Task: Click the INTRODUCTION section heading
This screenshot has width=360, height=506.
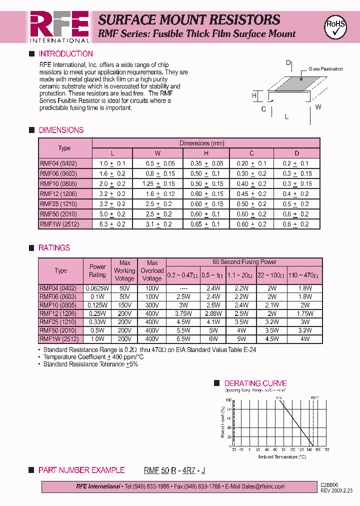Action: click(x=65, y=54)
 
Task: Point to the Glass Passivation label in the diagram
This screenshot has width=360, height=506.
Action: click(x=325, y=69)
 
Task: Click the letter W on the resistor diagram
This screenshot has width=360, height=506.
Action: click(x=318, y=107)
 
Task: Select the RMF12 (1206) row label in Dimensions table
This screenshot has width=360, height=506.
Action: click(x=59, y=194)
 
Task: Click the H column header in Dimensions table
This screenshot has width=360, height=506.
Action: click(x=206, y=153)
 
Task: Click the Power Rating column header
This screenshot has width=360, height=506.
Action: click(x=97, y=270)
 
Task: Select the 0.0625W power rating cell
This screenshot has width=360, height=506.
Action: click(x=97, y=288)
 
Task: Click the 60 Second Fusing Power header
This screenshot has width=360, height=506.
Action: click(x=244, y=262)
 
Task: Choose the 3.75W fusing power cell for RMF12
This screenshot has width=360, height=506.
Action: click(x=183, y=313)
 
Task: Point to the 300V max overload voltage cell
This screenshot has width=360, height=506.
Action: click(x=152, y=305)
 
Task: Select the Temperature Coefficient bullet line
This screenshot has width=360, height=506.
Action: click(x=93, y=357)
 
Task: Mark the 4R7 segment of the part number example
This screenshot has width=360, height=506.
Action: click(x=189, y=470)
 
